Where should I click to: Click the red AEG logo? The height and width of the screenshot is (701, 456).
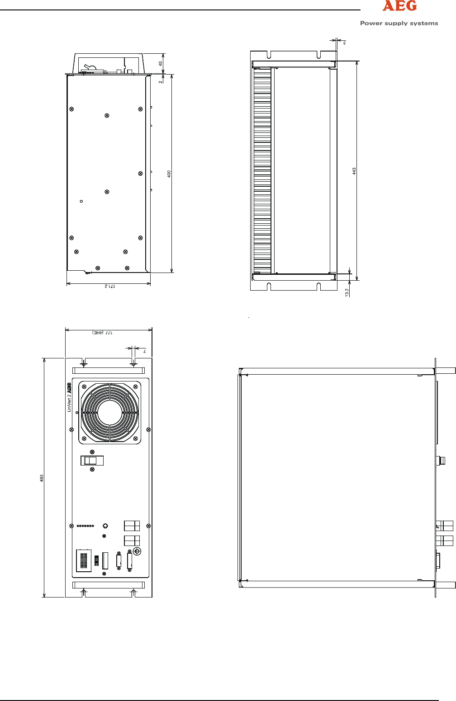pyautogui.click(x=399, y=5)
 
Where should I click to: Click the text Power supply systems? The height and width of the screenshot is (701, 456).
pyautogui.click(x=399, y=23)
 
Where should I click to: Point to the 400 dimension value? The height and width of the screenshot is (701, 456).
pyautogui.click(x=169, y=174)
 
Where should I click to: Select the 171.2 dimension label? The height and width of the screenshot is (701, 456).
pyautogui.click(x=109, y=286)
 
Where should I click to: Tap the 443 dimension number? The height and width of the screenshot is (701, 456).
pyautogui.click(x=354, y=171)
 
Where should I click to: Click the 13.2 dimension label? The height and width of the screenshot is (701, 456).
pyautogui.click(x=347, y=292)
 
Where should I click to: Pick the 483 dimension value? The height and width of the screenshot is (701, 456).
pyautogui.click(x=42, y=478)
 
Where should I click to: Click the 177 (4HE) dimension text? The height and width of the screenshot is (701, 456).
pyautogui.click(x=102, y=332)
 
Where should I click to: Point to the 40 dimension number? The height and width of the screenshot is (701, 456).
pyautogui.click(x=160, y=64)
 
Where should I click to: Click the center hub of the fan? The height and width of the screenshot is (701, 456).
pyautogui.click(x=109, y=413)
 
